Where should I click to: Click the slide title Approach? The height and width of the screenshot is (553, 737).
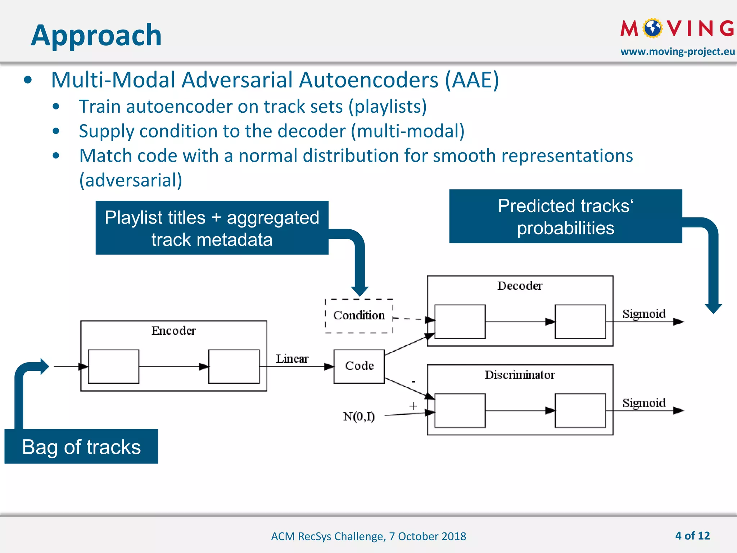tap(96, 35)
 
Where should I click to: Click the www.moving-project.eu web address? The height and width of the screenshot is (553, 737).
tap(678, 51)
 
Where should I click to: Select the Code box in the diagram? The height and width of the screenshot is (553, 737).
tap(359, 366)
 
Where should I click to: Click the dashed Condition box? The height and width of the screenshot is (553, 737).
tap(359, 315)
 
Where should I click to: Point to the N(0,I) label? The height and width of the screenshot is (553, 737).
tap(359, 417)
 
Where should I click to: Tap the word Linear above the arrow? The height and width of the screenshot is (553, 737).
tap(292, 359)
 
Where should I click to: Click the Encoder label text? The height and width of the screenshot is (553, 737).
tap(173, 331)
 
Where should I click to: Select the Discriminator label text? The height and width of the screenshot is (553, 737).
tap(520, 375)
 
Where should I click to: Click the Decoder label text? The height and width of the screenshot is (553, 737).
tap(520, 286)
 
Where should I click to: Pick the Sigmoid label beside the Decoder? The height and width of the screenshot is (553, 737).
tap(644, 314)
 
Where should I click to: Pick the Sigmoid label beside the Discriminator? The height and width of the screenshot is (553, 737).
tap(644, 403)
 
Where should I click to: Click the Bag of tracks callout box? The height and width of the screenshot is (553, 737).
tap(81, 446)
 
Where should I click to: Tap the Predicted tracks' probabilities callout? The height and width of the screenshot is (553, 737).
tap(565, 216)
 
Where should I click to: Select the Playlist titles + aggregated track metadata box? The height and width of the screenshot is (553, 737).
tap(212, 228)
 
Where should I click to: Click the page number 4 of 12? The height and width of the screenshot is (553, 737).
tap(692, 536)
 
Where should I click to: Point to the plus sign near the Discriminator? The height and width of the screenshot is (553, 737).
tap(413, 406)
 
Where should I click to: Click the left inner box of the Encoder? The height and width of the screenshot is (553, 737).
tap(113, 367)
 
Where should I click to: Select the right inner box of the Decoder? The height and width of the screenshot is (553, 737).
tap(580, 322)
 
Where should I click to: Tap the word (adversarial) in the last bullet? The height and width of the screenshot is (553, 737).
tap(131, 180)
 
